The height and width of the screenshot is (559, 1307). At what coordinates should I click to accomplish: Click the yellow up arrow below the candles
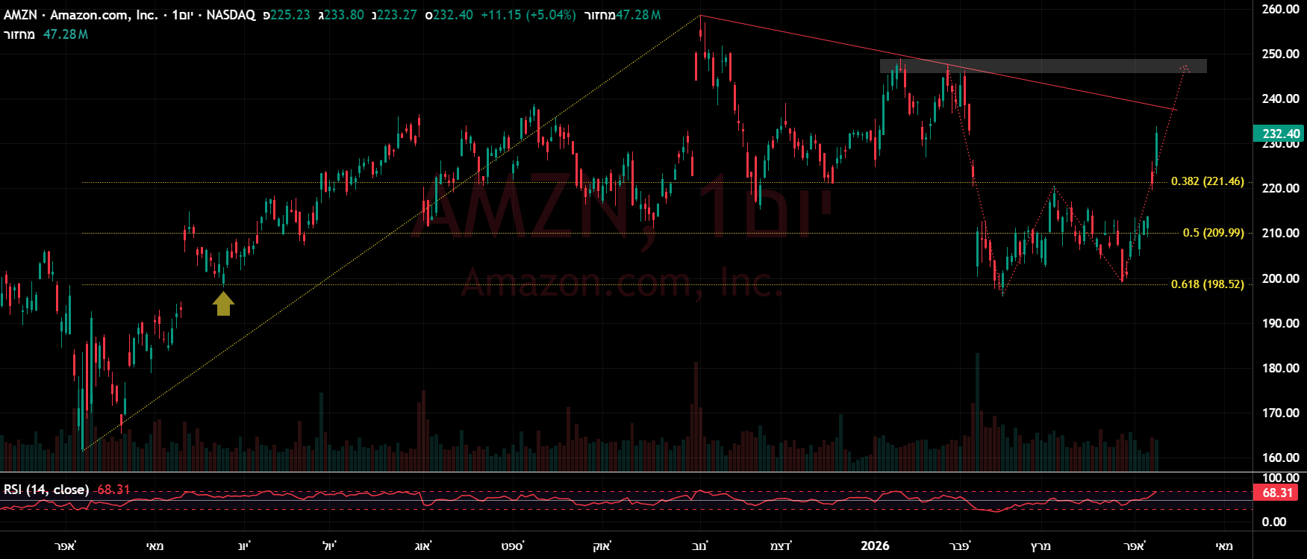pyautogui.click(x=223, y=304)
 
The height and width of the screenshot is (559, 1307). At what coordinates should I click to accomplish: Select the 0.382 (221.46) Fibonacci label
pyautogui.click(x=1207, y=181)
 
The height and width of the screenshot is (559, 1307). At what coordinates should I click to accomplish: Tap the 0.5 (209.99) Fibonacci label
pyautogui.click(x=1213, y=233)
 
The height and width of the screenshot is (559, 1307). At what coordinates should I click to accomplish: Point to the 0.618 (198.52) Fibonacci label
pyautogui.click(x=1207, y=284)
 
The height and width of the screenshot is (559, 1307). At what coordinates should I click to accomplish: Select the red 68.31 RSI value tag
pyautogui.click(x=1277, y=493)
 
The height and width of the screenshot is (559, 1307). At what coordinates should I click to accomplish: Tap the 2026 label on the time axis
pyautogui.click(x=875, y=546)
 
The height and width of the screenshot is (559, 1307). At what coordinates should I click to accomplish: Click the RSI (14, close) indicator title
pyautogui.click(x=46, y=490)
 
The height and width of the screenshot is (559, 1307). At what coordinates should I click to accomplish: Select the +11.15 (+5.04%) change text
pyautogui.click(x=528, y=15)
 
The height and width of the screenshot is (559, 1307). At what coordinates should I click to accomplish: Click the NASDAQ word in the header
pyautogui.click(x=231, y=15)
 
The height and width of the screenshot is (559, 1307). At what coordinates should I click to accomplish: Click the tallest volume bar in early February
pyautogui.click(x=977, y=410)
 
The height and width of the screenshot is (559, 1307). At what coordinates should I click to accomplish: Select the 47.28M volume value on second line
pyautogui.click(x=66, y=34)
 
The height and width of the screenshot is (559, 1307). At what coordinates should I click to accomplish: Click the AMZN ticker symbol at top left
pyautogui.click(x=20, y=15)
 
